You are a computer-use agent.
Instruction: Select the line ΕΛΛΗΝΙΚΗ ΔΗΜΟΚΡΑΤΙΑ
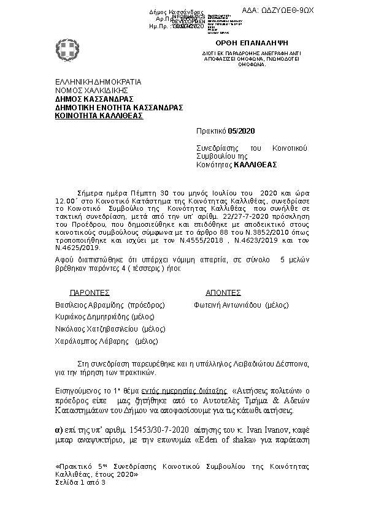(98, 82)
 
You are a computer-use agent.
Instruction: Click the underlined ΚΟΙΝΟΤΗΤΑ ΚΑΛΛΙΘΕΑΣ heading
(99, 115)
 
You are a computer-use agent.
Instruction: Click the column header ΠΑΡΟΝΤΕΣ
(90, 293)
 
